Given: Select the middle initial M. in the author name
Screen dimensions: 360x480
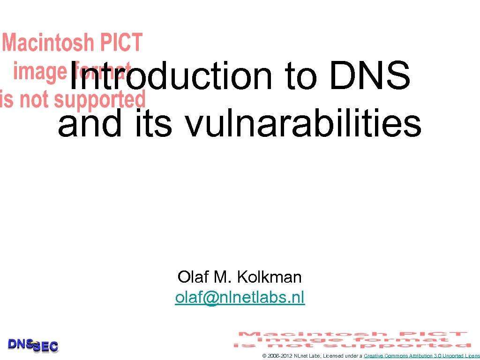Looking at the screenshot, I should [222, 277].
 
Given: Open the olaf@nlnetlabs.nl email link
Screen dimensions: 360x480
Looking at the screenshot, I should [240, 297].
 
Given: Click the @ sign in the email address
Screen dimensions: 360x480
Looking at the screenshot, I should [211, 297].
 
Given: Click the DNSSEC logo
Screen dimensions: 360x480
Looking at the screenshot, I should [33, 345].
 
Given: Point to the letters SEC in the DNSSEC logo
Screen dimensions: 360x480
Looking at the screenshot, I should [45, 347].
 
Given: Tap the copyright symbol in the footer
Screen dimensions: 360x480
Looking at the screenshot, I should [264, 356].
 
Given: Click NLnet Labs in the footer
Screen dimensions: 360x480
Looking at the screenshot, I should [307, 356].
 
